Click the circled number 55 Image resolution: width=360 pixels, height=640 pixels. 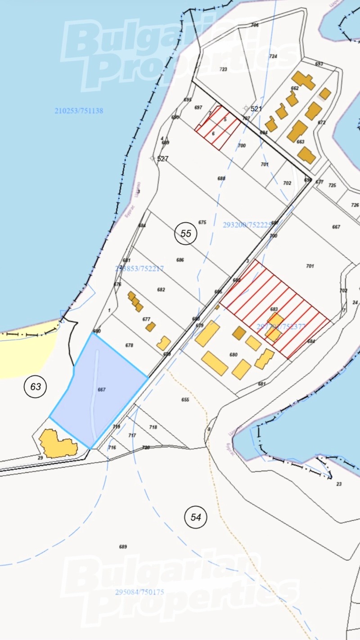click(186, 233)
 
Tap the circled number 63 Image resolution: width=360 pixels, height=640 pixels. click(36, 386)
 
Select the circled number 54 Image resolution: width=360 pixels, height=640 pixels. click(196, 517)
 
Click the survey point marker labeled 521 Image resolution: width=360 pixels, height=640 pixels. click(246, 108)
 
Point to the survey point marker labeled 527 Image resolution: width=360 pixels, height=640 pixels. click(152, 158)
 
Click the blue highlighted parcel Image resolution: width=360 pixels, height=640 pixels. click(99, 391)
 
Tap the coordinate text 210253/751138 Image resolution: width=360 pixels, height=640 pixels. click(79, 111)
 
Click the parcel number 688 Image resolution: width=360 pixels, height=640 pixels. click(221, 179)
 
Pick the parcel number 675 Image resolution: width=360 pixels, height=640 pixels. click(202, 222)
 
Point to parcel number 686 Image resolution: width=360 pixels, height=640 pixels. click(180, 260)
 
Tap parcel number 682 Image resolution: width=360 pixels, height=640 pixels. click(161, 290)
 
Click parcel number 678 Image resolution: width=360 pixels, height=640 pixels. click(130, 345)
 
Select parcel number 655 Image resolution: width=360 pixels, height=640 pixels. click(185, 399)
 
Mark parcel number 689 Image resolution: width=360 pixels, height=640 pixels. click(123, 547)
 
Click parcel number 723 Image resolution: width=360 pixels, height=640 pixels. click(223, 69)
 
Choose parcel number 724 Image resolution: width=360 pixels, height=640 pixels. click(273, 56)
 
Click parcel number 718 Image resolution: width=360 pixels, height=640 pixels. click(153, 427)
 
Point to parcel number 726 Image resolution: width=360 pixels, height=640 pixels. click(355, 205)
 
